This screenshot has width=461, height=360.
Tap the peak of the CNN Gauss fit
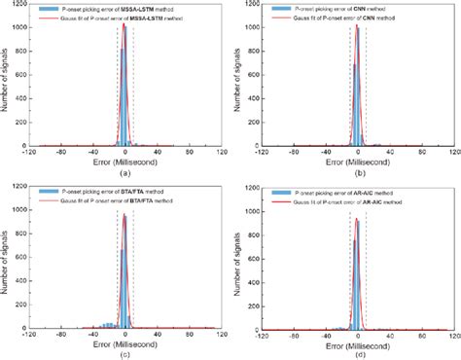[357, 25]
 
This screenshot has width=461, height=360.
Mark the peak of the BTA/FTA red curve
[124, 214]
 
